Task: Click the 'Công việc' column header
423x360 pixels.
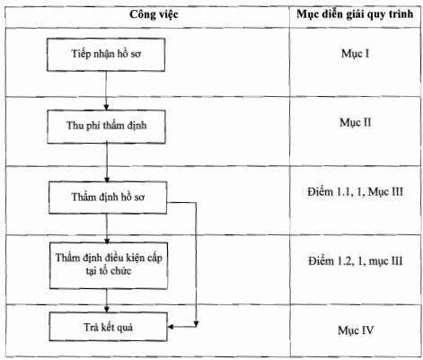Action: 154,14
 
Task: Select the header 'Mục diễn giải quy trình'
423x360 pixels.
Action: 355,14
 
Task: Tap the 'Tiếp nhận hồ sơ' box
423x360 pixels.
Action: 106,55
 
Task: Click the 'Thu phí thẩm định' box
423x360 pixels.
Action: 106,127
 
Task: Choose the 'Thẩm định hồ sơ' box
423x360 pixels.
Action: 108,198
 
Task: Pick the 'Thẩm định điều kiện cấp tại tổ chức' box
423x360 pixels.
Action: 109,266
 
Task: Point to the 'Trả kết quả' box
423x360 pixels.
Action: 108,327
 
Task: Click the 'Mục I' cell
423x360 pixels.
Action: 355,54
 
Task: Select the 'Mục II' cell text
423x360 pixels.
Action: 356,123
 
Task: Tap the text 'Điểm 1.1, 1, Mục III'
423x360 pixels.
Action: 355,192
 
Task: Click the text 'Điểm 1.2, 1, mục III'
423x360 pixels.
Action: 356,261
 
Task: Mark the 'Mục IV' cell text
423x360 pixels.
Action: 356,330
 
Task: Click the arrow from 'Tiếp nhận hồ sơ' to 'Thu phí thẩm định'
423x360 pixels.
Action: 106,91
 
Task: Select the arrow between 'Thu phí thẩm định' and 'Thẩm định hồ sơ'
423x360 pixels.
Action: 107,162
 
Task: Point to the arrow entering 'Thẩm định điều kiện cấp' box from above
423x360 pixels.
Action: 107,228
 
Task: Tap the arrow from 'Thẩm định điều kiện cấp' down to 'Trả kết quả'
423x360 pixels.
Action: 107,301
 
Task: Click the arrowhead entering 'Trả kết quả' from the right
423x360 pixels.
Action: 171,327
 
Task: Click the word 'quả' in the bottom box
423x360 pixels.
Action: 125,328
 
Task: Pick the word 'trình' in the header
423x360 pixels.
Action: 401,14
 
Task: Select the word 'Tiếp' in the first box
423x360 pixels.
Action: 80,54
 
